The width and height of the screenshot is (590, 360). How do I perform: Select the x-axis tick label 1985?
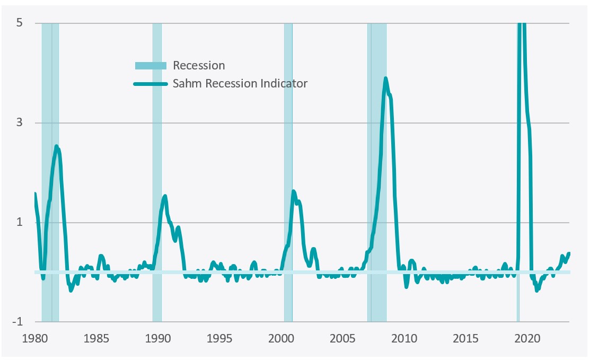coord(96,338)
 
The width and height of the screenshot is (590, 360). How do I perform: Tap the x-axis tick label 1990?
coord(157,338)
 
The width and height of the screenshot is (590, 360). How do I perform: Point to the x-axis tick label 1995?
coord(219,338)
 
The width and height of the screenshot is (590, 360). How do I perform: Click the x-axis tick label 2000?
coord(281,338)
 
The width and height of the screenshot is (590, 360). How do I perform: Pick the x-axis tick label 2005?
coord(342,338)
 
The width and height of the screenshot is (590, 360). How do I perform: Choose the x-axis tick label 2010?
coord(404,338)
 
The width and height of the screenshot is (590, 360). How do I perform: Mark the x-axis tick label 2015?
coord(465,338)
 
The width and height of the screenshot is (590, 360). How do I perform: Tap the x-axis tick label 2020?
coord(527,338)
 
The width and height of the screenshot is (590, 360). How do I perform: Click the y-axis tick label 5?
coord(24,23)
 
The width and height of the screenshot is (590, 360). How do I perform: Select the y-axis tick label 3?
coord(24,123)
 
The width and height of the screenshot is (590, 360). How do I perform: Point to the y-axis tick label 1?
coord(24,222)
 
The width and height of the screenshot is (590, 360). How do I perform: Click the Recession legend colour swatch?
coord(150,66)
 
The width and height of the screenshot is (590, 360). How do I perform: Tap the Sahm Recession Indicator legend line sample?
coord(150,84)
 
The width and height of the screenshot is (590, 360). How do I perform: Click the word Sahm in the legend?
coord(186,84)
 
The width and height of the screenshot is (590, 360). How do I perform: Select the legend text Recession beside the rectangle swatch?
coord(199,66)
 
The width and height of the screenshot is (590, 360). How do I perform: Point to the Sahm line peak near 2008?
coord(385,78)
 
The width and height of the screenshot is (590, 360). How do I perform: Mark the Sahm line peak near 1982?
coord(57,146)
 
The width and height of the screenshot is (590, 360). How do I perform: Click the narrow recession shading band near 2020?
coord(518,212)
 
